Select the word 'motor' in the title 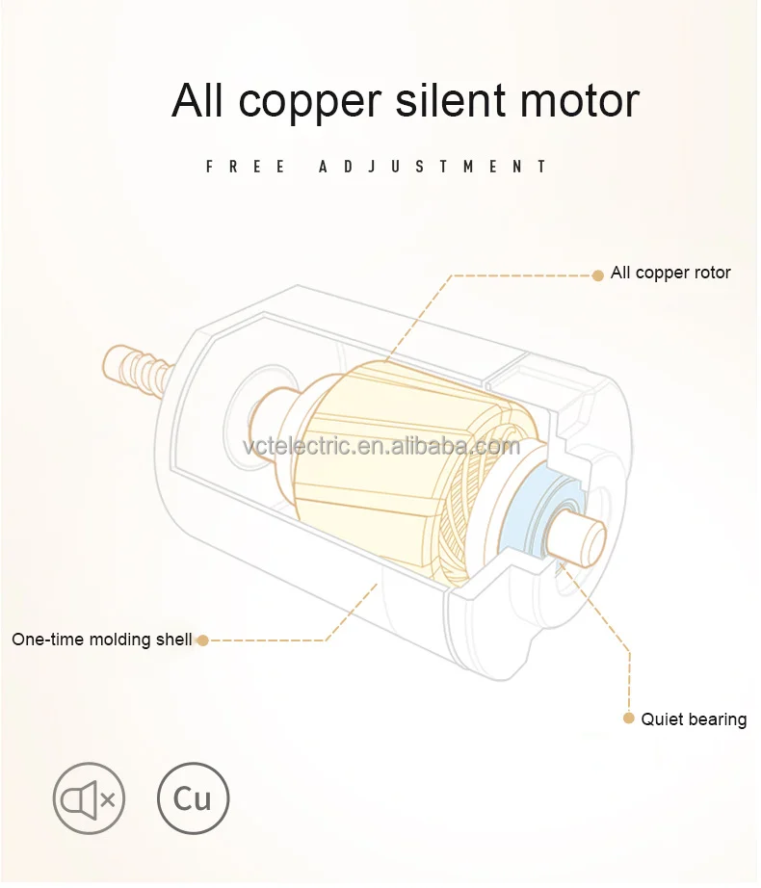(585, 101)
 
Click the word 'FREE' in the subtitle (246, 167)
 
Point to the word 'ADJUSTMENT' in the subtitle (433, 167)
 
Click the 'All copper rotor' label (670, 274)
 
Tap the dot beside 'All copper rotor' (597, 274)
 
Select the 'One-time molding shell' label (102, 640)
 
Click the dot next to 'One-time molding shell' (202, 640)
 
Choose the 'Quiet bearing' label (694, 719)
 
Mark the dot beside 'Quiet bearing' (629, 718)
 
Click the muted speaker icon (89, 798)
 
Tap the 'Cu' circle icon (194, 798)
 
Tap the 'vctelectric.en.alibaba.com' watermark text (381, 447)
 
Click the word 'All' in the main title (199, 101)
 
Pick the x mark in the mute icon (108, 798)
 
